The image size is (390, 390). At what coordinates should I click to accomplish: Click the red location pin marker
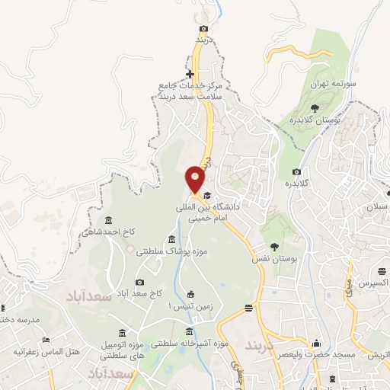(196, 179)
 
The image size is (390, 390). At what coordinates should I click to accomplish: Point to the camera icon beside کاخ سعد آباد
(139, 283)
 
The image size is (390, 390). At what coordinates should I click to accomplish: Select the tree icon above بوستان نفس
(274, 245)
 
